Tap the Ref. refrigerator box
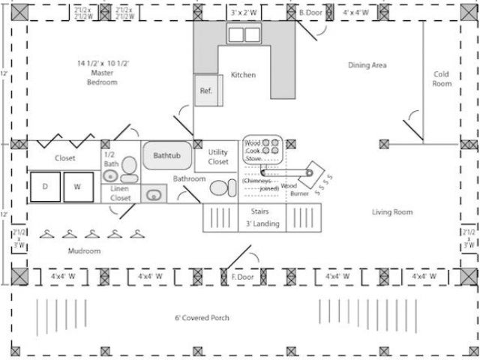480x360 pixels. (x=205, y=91)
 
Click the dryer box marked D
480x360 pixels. (x=46, y=187)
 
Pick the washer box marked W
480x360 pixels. (x=77, y=187)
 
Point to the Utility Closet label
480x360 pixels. (x=218, y=157)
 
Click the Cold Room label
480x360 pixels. (x=442, y=79)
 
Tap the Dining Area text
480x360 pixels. (x=367, y=65)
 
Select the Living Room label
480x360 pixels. (x=392, y=212)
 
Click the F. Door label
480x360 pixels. (x=242, y=277)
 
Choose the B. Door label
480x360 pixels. (x=310, y=13)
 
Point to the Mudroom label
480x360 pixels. (x=84, y=251)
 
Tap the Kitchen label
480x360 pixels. (x=243, y=75)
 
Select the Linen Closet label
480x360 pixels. (x=120, y=193)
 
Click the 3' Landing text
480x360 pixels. (x=262, y=223)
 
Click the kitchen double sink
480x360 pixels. (x=243, y=34)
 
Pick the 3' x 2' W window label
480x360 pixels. (x=243, y=13)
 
